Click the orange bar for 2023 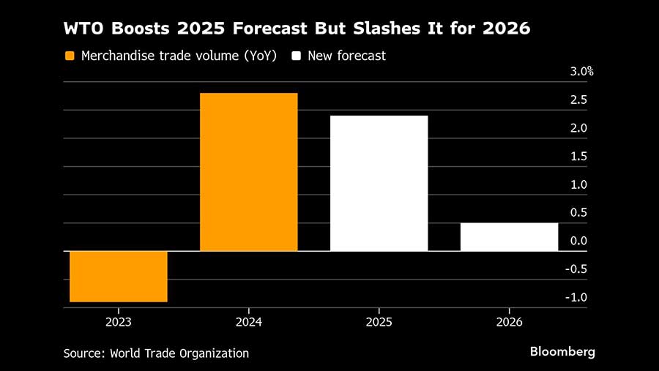pyautogui.click(x=119, y=276)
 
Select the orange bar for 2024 pyautogui.click(x=249, y=172)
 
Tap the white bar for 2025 pyautogui.click(x=379, y=183)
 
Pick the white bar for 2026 pyautogui.click(x=509, y=236)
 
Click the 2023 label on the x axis pyautogui.click(x=119, y=322)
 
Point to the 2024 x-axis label pyautogui.click(x=249, y=322)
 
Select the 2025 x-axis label pyautogui.click(x=379, y=322)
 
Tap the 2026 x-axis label pyautogui.click(x=509, y=322)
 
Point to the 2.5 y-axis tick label pyautogui.click(x=578, y=100)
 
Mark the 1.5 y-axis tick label pyautogui.click(x=578, y=157)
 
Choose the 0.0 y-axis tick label pyautogui.click(x=578, y=241)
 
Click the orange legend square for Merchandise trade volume pyautogui.click(x=70, y=56)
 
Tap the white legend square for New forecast pyautogui.click(x=297, y=56)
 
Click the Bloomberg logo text pyautogui.click(x=562, y=352)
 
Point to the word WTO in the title pyautogui.click(x=83, y=30)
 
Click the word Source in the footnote pyautogui.click(x=83, y=353)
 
